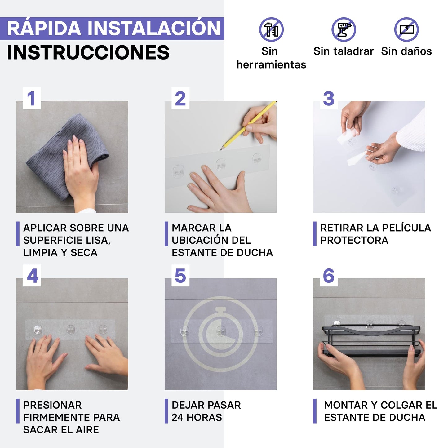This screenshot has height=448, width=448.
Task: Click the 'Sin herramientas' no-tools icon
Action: coord(271,30)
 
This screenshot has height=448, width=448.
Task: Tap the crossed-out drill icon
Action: coord(344,30)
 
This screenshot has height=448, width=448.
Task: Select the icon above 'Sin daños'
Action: coord(406,30)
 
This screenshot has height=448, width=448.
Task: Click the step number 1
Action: coord(32,99)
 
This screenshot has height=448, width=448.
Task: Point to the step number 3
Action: coord(329,99)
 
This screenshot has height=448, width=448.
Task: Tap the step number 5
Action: coord(180,276)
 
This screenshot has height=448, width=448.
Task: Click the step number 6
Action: coord(329,276)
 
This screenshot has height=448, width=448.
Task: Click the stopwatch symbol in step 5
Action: coord(220,334)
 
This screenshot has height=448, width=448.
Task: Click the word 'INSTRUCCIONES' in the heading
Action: coord(88,53)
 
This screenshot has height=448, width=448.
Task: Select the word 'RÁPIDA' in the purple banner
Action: coord(44,29)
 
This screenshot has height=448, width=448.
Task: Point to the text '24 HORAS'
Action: coord(197,418)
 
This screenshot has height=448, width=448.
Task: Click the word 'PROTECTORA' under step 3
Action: coord(354,240)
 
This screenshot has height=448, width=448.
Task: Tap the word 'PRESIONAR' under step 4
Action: coord(52,405)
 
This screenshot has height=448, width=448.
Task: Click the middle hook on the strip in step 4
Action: coord(71,330)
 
